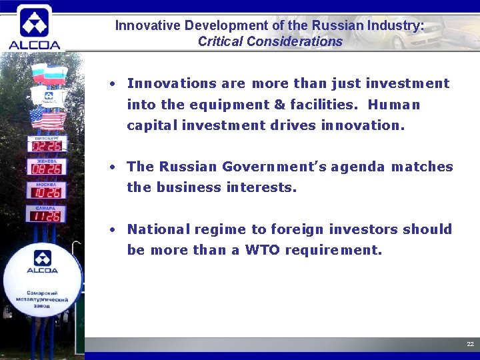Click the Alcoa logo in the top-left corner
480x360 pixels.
(x=34, y=27)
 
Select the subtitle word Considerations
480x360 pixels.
(x=294, y=41)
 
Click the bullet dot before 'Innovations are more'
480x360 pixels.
(x=114, y=84)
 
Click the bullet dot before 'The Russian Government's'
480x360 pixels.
(x=114, y=167)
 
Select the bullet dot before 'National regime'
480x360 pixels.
(x=114, y=229)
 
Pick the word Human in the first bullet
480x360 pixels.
(x=394, y=105)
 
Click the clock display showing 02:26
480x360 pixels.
(x=47, y=145)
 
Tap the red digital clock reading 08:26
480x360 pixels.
(x=47, y=169)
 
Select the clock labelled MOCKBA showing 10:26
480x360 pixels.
(x=47, y=192)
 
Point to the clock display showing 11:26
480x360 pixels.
(x=47, y=215)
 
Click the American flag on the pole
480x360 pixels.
(x=47, y=119)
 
